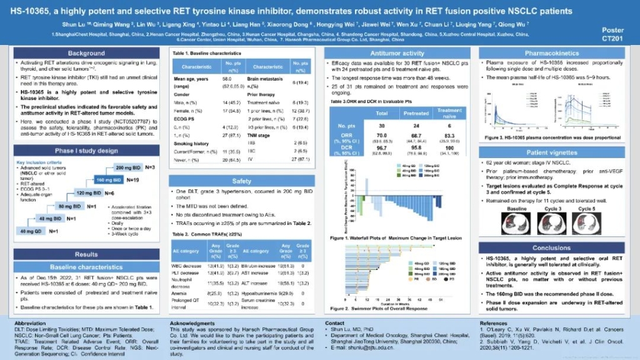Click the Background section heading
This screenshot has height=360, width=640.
point(87,53)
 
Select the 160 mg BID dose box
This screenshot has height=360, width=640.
point(108,179)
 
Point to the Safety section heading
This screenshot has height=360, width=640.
point(242,181)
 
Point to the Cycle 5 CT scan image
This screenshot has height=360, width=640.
point(586,224)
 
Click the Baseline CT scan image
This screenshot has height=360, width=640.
point(517,224)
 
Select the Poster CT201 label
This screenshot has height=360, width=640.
point(612,34)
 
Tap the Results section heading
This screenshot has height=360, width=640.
point(87,254)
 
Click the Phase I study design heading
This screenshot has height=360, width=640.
point(87,151)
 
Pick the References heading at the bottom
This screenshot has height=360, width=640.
point(493,323)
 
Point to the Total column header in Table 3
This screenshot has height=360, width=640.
point(382,114)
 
